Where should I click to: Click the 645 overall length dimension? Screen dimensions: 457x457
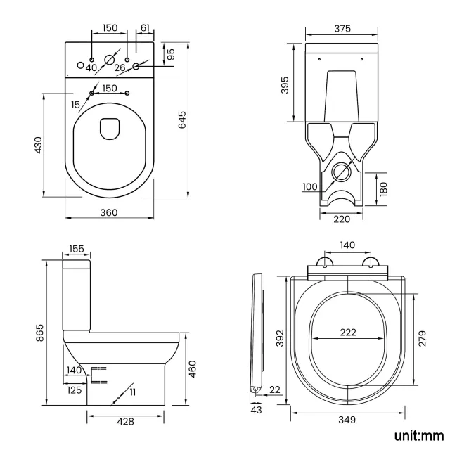(x=182, y=121)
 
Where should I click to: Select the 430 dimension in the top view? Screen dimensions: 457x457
(x=39, y=145)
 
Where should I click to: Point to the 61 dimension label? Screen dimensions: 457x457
(x=145, y=28)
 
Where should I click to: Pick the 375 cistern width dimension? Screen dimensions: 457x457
(x=342, y=28)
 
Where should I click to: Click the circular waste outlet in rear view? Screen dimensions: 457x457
(x=342, y=171)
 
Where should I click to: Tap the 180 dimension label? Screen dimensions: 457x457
(x=383, y=189)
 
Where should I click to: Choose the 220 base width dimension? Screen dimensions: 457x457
(x=342, y=219)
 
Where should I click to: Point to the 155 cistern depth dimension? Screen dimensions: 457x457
(x=77, y=250)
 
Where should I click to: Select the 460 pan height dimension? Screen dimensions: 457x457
(x=193, y=368)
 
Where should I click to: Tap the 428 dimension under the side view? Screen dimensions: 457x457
(x=125, y=420)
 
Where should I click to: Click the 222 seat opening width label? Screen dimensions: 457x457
(x=347, y=333)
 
